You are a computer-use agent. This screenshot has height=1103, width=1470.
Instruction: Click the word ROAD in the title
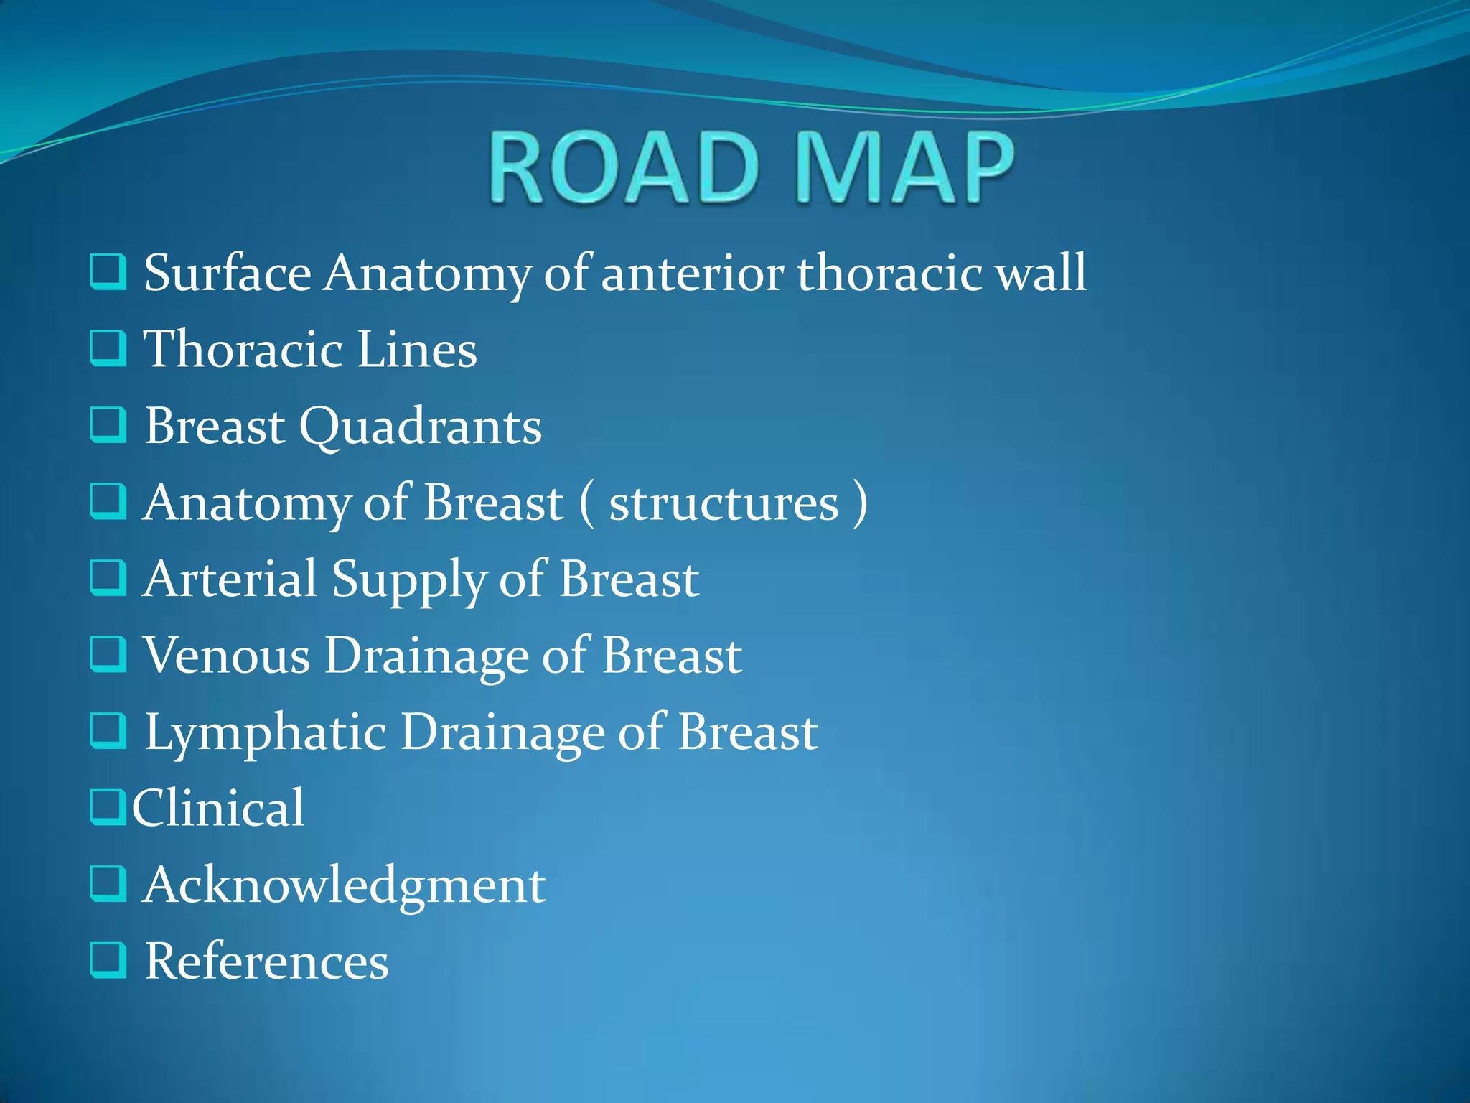click(623, 168)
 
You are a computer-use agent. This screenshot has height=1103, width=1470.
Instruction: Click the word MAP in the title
click(905, 168)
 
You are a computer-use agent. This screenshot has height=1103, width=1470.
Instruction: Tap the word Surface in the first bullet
click(228, 274)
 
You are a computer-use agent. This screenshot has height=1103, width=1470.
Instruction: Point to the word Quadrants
click(420, 427)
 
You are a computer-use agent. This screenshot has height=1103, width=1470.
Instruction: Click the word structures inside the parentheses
click(724, 504)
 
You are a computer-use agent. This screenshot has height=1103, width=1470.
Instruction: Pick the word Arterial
click(230, 579)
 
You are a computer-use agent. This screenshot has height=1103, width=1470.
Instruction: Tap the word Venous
click(227, 656)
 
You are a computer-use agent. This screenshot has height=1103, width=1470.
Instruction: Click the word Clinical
click(218, 809)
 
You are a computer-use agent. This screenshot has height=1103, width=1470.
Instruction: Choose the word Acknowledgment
click(344, 885)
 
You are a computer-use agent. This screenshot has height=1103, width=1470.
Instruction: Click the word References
click(266, 962)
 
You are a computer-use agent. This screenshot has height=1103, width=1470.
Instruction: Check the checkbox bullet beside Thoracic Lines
click(108, 348)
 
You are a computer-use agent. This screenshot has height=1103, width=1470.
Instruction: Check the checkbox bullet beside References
click(108, 961)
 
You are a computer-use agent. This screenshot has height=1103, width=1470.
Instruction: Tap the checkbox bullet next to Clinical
click(108, 807)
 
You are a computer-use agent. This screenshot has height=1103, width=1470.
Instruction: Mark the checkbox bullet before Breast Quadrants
click(108, 425)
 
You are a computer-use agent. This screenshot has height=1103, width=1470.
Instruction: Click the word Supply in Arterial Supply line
click(408, 580)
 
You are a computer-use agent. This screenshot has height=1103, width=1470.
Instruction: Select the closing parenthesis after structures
click(860, 504)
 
